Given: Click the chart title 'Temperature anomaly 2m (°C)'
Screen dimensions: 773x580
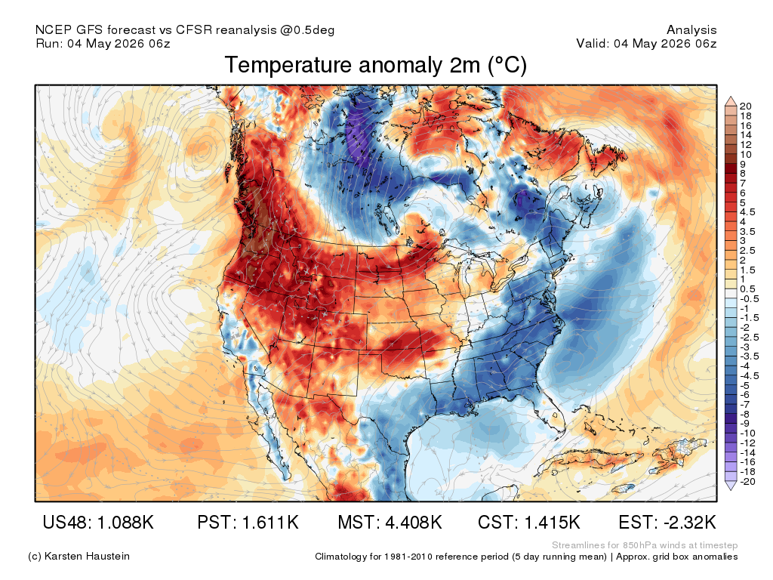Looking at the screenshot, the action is point(376,65).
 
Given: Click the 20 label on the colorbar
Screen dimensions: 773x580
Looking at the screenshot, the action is point(745,106).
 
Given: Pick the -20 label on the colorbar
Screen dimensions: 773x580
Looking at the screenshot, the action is point(747,482).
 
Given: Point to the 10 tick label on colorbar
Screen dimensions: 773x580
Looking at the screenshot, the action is point(745,154).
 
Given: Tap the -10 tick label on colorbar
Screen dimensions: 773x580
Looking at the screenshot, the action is point(747,433).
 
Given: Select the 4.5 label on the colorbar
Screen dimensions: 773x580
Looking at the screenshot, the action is point(747,212).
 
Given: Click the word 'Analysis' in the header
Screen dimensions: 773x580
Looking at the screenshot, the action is point(691,30).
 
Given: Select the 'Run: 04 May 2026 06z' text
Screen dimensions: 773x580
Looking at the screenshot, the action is point(103,43).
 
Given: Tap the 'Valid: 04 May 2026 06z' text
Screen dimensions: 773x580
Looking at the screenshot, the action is point(646,43).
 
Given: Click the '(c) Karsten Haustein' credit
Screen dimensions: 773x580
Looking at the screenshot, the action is point(79,557).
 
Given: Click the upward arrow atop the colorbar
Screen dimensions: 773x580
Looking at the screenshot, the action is point(731,101).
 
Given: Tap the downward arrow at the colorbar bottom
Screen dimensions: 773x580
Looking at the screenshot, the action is point(731,486).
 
